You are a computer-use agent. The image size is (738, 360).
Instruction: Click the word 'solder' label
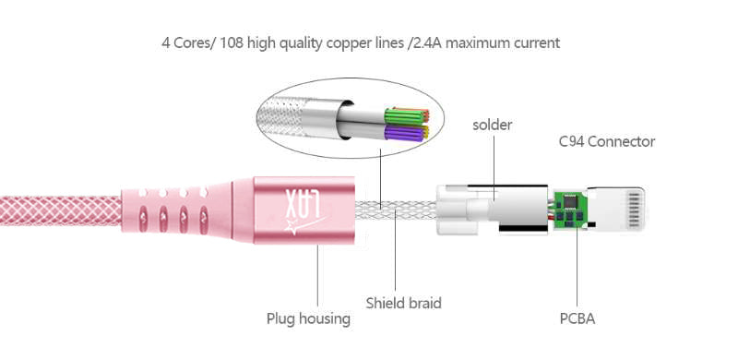pyautogui.click(x=493, y=125)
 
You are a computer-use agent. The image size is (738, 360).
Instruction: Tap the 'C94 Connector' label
pyautogui.click(x=607, y=141)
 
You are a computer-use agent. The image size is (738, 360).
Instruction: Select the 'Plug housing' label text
pyautogui.click(x=308, y=318)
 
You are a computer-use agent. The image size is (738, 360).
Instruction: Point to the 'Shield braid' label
pyautogui.click(x=403, y=303)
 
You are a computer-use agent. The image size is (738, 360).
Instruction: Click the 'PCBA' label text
pyautogui.click(x=577, y=318)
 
